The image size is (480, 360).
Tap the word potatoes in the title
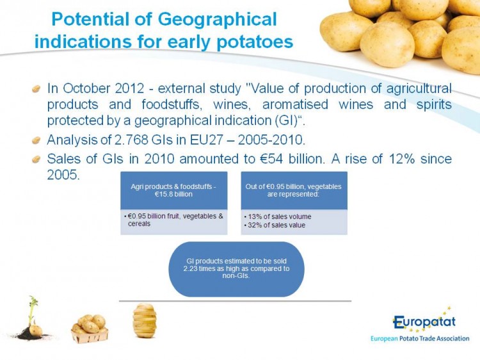click(255, 42)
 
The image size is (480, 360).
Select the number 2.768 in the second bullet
click(131, 140)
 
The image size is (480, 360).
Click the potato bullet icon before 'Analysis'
click(36, 141)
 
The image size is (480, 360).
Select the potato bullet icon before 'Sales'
click(36, 160)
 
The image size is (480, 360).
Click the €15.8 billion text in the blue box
click(173, 194)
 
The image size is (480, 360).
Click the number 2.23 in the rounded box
click(190, 268)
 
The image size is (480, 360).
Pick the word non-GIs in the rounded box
click(236, 275)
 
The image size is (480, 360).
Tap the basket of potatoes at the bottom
click(90, 329)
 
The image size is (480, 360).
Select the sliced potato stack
click(145, 320)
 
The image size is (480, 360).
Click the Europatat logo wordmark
click(424, 322)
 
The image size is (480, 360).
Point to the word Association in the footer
click(452, 339)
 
